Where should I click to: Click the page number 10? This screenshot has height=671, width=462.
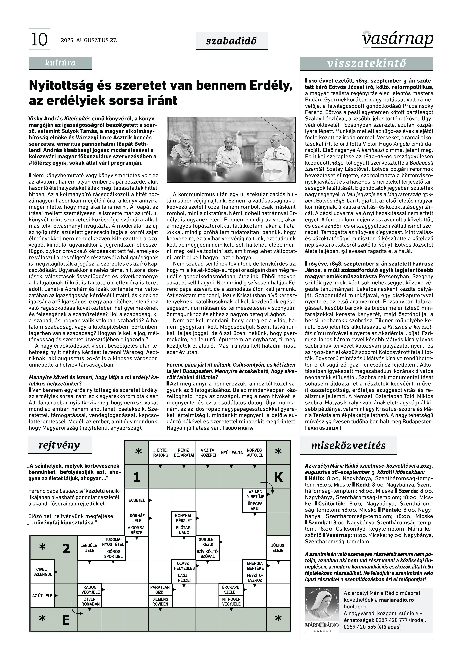pyautogui.click(x=39, y=40)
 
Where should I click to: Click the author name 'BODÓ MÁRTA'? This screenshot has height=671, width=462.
pyautogui.click(x=239, y=428)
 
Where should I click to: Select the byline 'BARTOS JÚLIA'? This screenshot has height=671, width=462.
pyautogui.click(x=323, y=428)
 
